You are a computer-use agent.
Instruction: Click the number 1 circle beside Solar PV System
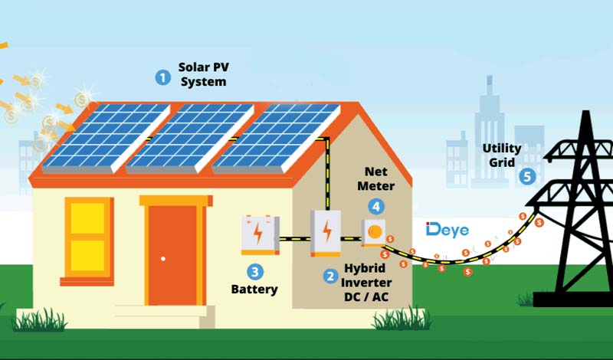coord(162,77)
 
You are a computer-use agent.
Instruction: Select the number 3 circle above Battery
coord(254,271)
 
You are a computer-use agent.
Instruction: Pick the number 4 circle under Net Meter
coord(375,205)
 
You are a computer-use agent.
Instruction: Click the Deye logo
coord(447,230)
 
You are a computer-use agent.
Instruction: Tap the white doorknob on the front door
coord(163,259)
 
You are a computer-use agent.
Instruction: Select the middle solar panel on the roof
coord(190,136)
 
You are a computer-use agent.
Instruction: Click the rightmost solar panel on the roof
coord(276,136)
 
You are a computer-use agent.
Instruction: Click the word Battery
coord(254,290)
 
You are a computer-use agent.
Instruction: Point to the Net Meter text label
coord(375,179)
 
